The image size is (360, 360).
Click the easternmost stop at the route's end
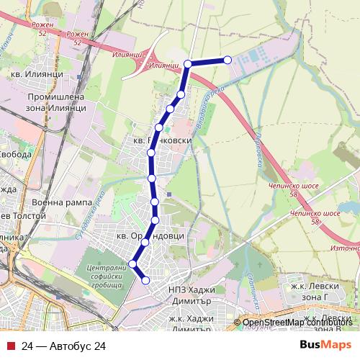coord(228,60)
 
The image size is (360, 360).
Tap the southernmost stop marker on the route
coord(145,280)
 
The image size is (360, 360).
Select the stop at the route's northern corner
coord(188,64)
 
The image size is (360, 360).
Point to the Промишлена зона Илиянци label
coord(55,102)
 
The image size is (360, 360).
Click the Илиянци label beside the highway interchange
coord(165,66)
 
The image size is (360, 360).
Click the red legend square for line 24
coord(12,346)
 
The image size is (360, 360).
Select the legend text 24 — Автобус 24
coord(63,346)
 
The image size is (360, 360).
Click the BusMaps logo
coord(325,346)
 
